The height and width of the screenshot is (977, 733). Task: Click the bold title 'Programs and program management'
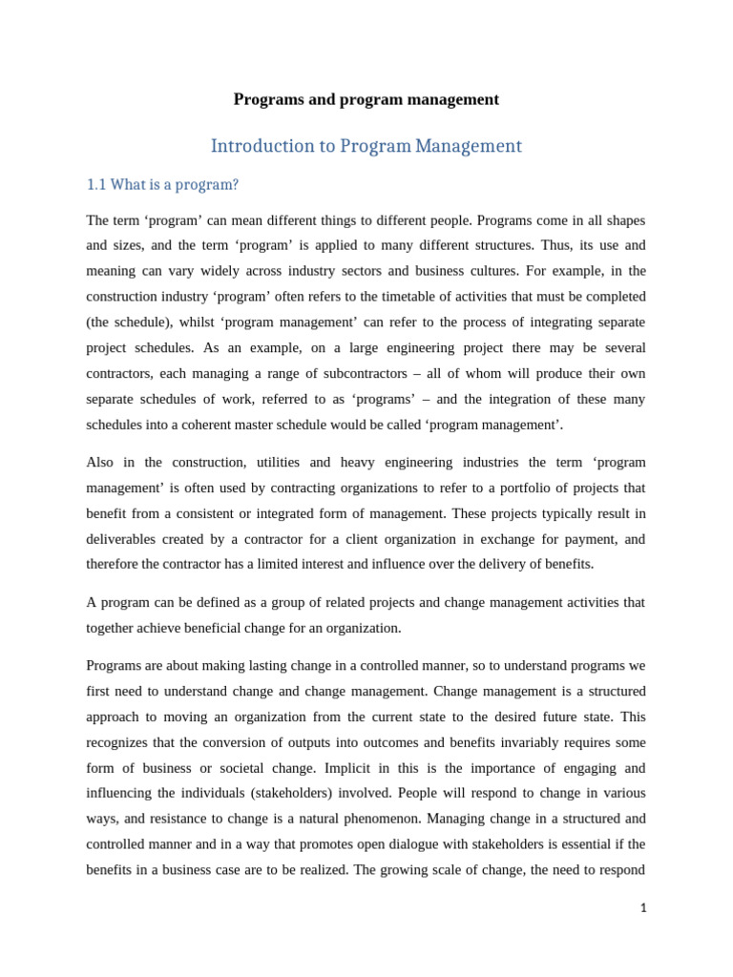pos(366,99)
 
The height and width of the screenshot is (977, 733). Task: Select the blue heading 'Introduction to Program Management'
pos(366,146)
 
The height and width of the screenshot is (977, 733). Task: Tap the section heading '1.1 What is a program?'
pos(162,184)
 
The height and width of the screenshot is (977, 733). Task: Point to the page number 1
pos(643,908)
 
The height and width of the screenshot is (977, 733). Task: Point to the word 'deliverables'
pos(124,538)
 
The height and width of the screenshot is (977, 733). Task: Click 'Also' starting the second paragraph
pos(99,462)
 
